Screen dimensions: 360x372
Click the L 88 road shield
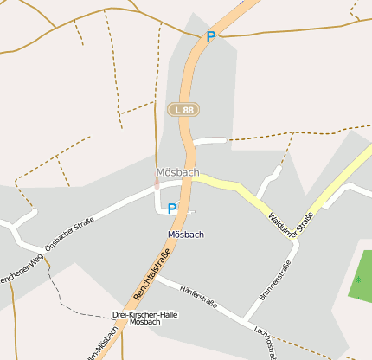pos(183,110)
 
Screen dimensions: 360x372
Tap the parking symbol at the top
pos(210,37)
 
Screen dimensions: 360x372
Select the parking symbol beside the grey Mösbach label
pos(172,209)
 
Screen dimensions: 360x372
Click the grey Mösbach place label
pos(178,172)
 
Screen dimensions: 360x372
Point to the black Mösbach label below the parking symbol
pos(186,235)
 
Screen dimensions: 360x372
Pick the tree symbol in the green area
pos(357,280)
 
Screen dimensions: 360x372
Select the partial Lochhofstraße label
pos(265,342)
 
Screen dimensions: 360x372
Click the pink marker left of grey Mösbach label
pos(157,183)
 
